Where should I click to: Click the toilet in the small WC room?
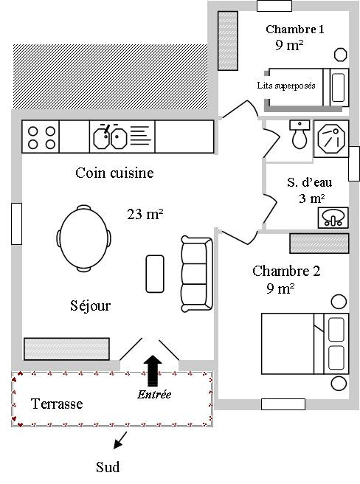[x=300, y=135]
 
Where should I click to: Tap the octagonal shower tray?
[x=331, y=139]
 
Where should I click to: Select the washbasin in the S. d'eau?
[x=333, y=218]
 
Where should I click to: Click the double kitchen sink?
[x=110, y=138]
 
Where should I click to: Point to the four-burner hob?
[x=41, y=136]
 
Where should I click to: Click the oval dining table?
[x=83, y=238]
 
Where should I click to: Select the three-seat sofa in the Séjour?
[x=197, y=274]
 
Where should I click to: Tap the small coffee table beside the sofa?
[x=155, y=274]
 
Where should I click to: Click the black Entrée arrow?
[x=153, y=370]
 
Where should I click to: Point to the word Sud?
[x=108, y=467]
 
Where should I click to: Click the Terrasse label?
[x=57, y=404]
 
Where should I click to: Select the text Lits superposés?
[x=286, y=85]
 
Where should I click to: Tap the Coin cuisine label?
[x=114, y=173]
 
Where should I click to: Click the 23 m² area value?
[x=145, y=214]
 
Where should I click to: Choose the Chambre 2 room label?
[x=286, y=271]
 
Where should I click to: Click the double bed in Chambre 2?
[x=305, y=344]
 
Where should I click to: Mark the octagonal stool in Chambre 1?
[x=341, y=55]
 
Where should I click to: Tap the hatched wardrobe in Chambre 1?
[x=228, y=41]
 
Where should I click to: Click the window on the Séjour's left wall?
[x=17, y=224]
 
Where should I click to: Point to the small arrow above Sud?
[x=120, y=440]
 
